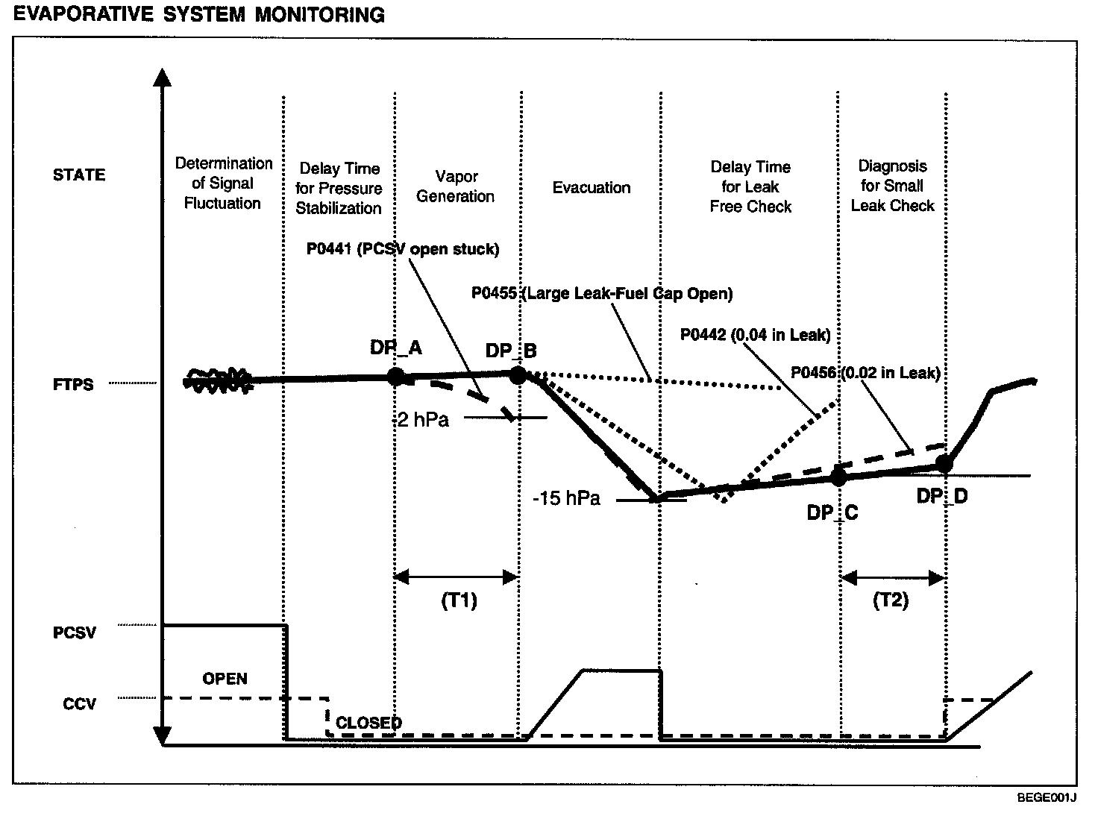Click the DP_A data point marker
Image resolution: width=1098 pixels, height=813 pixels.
tap(396, 376)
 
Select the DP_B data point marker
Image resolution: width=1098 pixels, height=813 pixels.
tap(518, 375)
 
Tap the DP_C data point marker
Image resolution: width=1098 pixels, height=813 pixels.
tap(838, 477)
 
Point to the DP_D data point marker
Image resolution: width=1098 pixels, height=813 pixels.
tap(944, 464)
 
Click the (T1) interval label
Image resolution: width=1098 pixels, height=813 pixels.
tap(459, 601)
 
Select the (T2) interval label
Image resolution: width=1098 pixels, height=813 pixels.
tap(891, 601)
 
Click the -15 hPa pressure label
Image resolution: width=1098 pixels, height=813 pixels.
tap(566, 498)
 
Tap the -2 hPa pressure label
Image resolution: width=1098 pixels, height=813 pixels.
tap(421, 419)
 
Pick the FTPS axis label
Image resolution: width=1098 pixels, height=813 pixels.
tap(73, 385)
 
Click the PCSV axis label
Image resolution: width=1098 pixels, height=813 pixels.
tap(75, 633)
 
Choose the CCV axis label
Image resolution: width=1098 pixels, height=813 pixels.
tap(79, 703)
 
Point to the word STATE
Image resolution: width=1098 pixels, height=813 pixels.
tap(79, 175)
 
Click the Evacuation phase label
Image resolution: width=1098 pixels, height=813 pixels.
tap(592, 187)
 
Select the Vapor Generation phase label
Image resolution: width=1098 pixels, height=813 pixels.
tap(456, 186)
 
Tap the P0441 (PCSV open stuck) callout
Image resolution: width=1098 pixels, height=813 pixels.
tap(403, 249)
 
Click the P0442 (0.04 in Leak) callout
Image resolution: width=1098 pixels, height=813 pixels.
tap(755, 335)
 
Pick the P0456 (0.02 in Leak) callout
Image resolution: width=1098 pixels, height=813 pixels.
tap(865, 372)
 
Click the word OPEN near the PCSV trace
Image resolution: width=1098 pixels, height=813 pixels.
tap(225, 679)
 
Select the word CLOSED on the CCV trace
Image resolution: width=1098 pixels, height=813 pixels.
tap(368, 722)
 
